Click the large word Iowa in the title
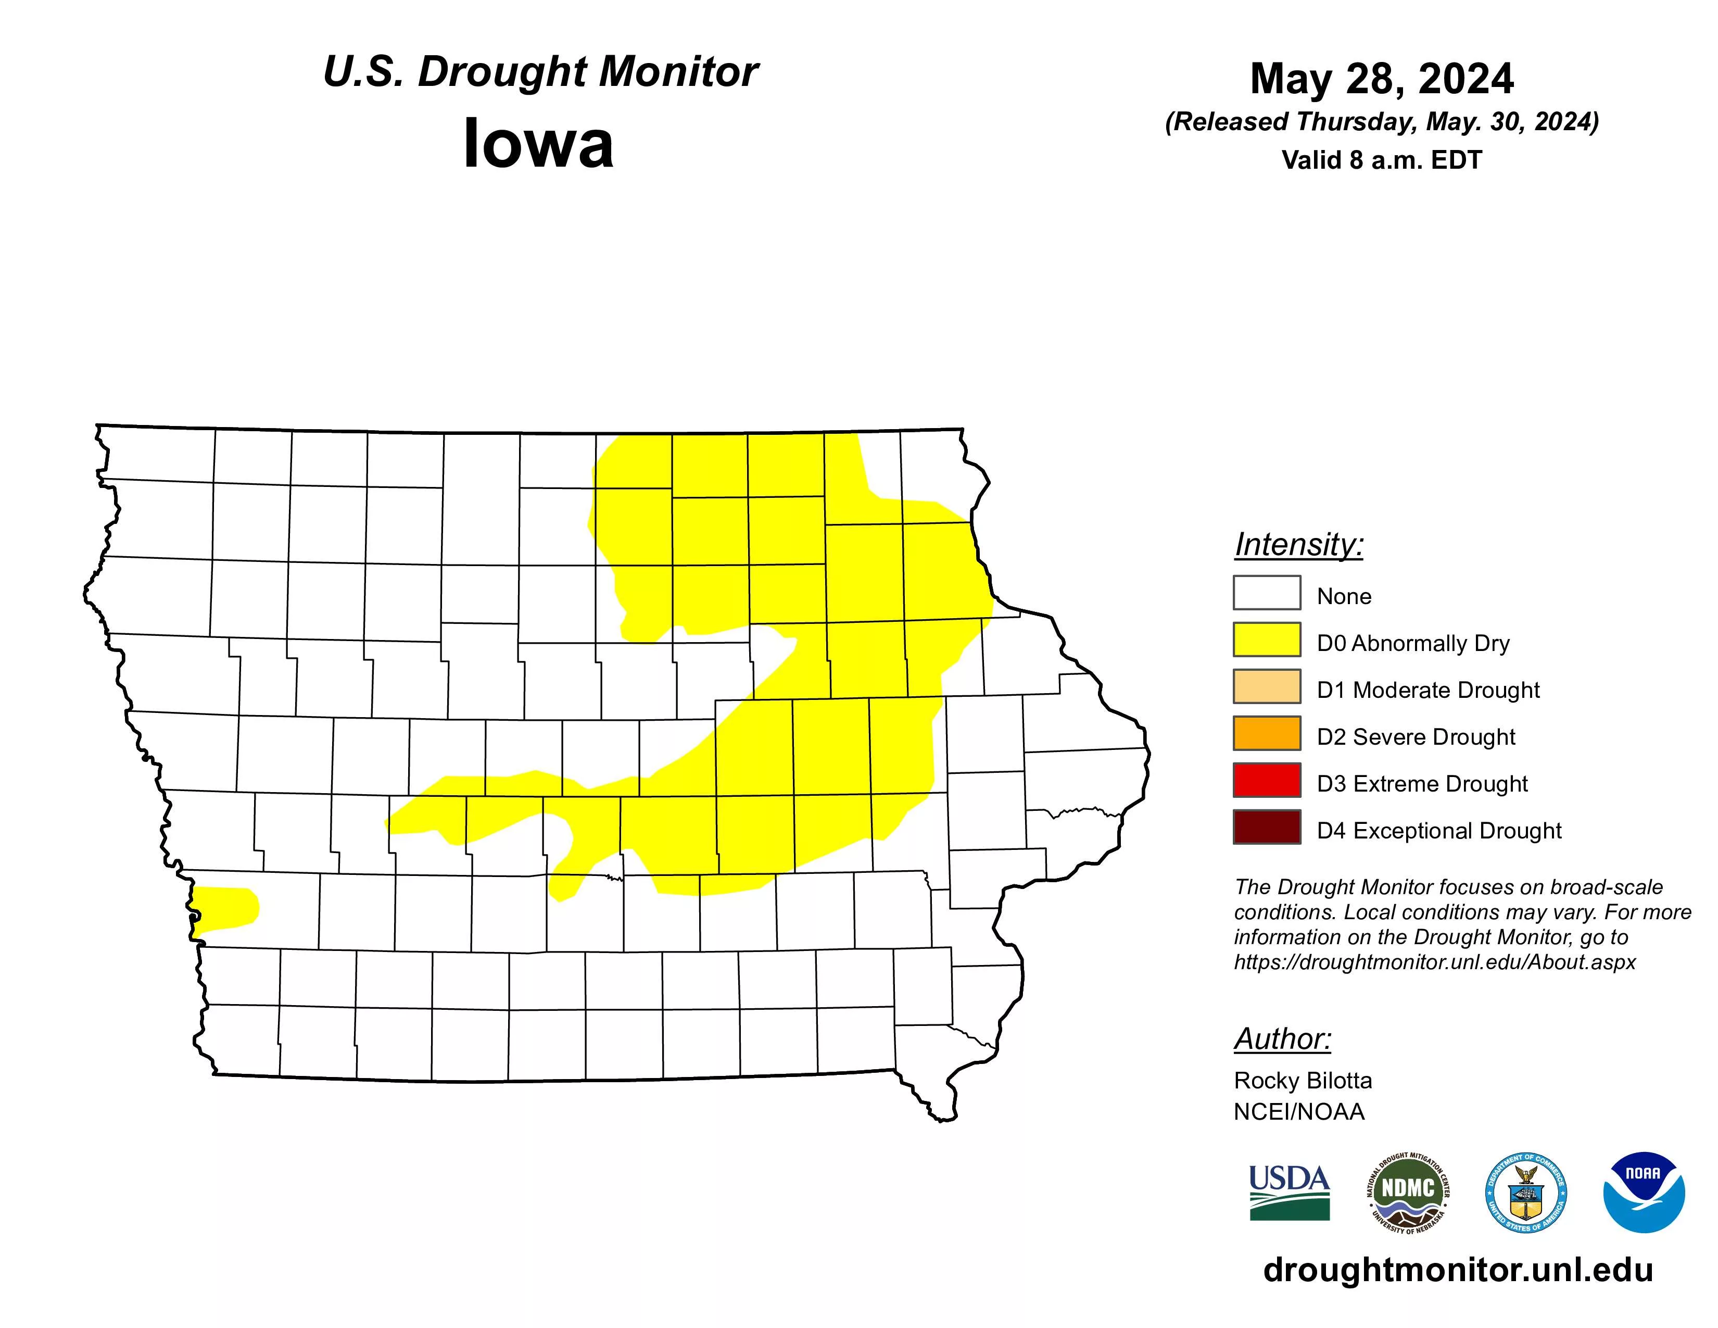pyautogui.click(x=538, y=144)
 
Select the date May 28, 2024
pyautogui.click(x=1381, y=79)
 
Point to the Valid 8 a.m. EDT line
pyautogui.click(x=1381, y=160)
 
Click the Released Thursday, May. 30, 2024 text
pyautogui.click(x=1381, y=122)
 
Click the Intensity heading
pyautogui.click(x=1299, y=544)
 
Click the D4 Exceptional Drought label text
pyautogui.click(x=1439, y=831)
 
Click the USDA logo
pyautogui.click(x=1290, y=1193)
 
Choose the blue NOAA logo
pyautogui.click(x=1643, y=1193)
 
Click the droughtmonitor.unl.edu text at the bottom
pyautogui.click(x=1458, y=1270)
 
